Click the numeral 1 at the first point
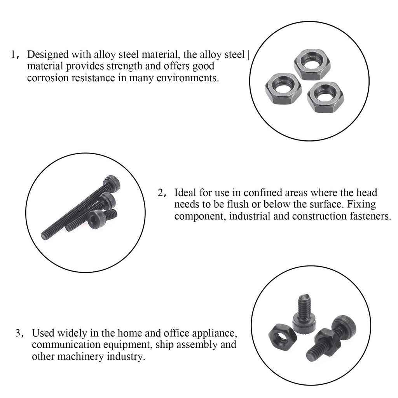point(14,54)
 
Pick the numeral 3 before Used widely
point(18,333)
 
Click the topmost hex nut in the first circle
point(312,64)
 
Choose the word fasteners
point(367,216)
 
